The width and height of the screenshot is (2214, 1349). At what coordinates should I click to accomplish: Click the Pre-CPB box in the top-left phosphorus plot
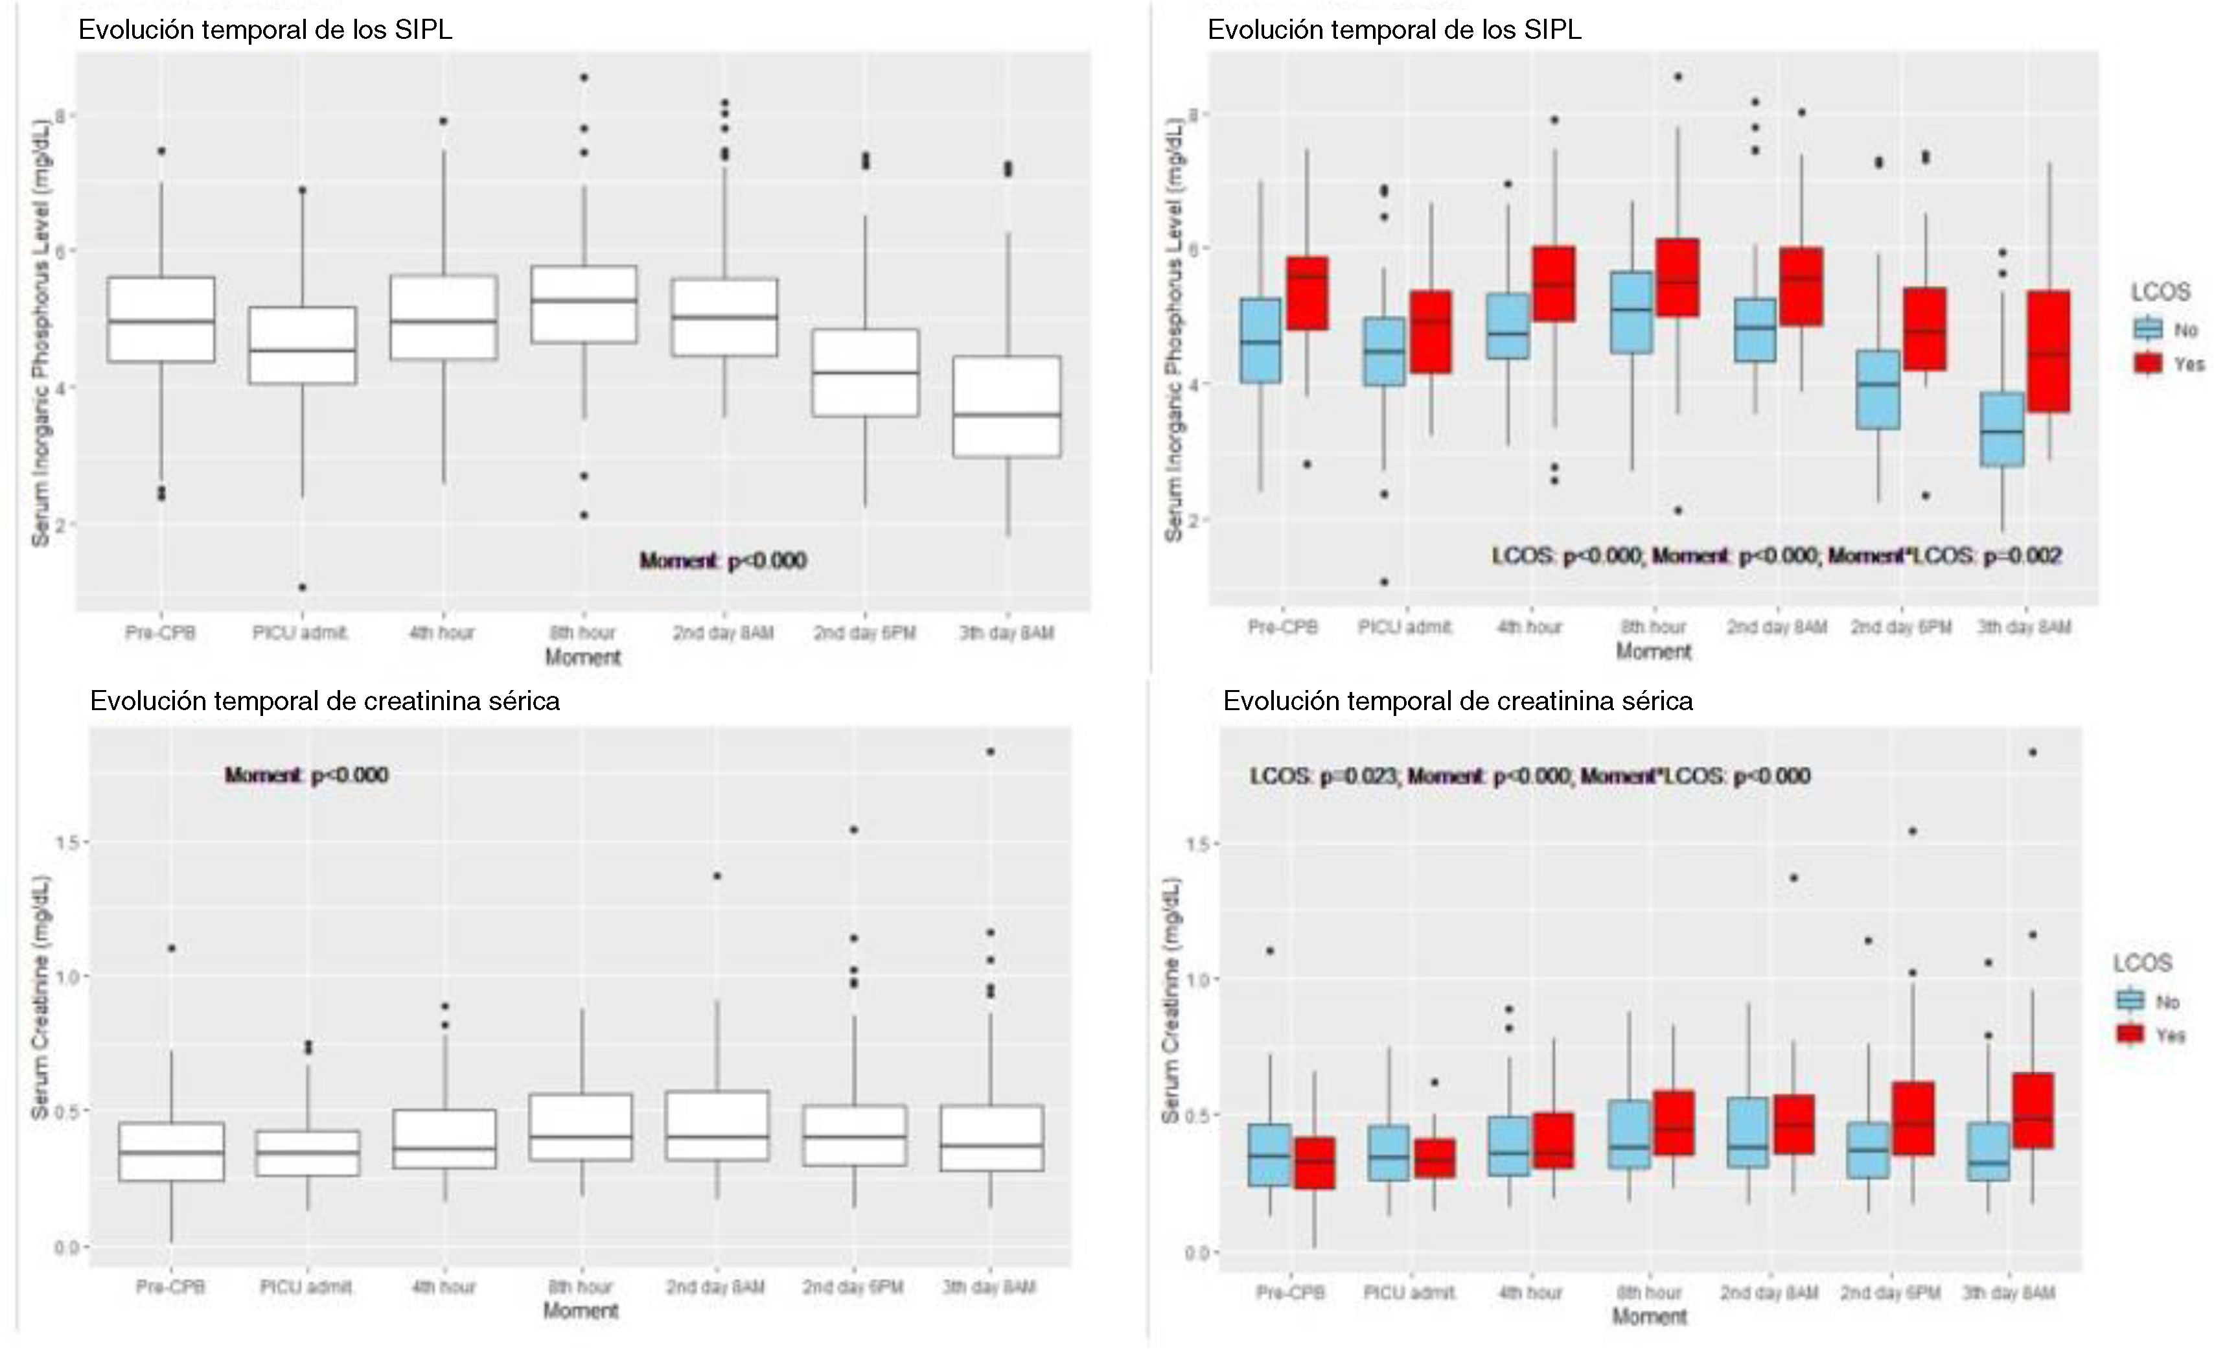(x=161, y=320)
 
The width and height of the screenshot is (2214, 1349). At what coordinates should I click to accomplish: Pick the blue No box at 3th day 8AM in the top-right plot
(x=2002, y=429)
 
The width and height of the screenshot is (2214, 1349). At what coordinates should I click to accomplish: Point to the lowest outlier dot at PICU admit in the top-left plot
(x=302, y=587)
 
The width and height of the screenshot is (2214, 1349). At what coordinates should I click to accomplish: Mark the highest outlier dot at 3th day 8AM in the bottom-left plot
(x=990, y=752)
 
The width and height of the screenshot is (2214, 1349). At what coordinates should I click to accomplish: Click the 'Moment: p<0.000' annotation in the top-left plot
(x=722, y=561)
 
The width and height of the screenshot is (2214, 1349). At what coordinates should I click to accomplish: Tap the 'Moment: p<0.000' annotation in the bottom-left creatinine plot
(x=306, y=775)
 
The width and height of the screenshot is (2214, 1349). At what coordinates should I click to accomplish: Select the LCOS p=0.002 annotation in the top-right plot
(x=1777, y=557)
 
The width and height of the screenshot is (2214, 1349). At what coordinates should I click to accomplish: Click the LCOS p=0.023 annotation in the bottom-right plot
(x=1529, y=776)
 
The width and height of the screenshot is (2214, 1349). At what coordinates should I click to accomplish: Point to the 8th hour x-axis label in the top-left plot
(x=583, y=633)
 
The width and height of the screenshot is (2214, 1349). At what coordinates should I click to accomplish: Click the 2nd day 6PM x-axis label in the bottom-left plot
(x=853, y=1287)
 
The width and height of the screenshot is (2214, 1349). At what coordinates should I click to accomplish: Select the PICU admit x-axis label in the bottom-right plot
(x=1409, y=1293)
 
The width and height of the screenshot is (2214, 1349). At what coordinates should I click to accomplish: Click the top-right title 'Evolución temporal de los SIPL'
(x=1394, y=30)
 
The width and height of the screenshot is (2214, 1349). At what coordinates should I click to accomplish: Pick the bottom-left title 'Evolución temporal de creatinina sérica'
(x=325, y=701)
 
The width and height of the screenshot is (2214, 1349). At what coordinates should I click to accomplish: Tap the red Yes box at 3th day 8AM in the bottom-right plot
(x=2033, y=1110)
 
